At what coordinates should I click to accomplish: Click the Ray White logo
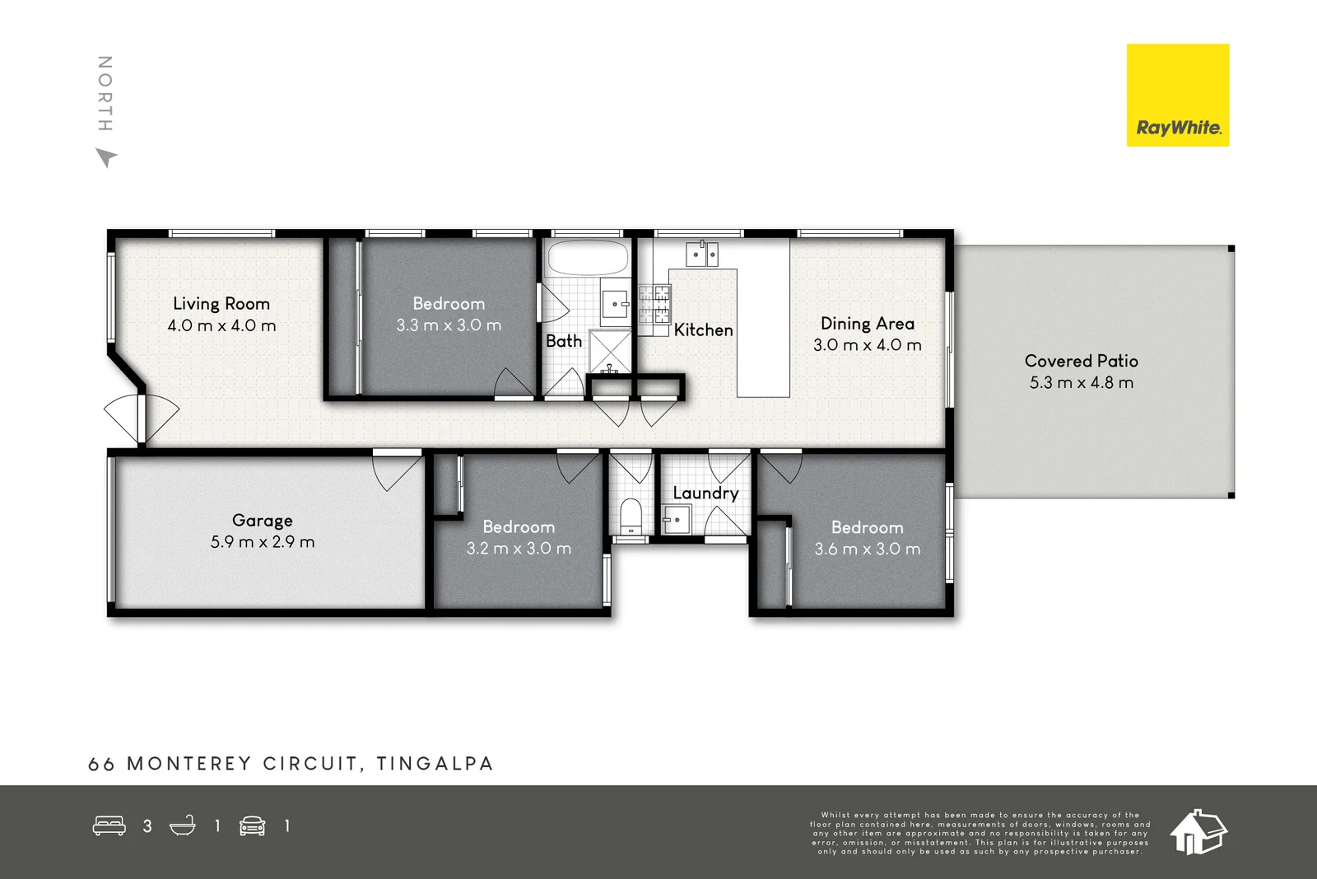1177,96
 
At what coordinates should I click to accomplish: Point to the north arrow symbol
106,157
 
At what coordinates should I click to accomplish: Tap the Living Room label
221,304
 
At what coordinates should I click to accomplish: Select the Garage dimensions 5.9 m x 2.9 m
263,542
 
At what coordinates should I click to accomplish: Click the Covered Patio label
1081,361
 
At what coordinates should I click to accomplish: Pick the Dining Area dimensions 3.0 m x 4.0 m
867,345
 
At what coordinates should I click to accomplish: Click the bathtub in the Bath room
587,258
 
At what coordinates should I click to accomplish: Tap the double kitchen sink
702,254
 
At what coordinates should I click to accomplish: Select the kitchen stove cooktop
654,303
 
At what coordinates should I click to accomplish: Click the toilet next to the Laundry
631,515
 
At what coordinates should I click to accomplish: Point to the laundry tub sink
676,520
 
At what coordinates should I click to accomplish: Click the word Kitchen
703,330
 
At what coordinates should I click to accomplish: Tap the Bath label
564,341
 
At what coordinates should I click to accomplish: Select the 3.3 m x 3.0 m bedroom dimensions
449,325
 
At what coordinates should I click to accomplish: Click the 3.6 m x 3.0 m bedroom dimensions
867,549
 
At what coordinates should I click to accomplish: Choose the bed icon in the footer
109,825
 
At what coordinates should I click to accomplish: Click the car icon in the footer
253,825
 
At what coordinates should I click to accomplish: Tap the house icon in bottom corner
1198,832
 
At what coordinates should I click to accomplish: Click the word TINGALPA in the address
435,764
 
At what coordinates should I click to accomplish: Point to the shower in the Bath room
610,350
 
